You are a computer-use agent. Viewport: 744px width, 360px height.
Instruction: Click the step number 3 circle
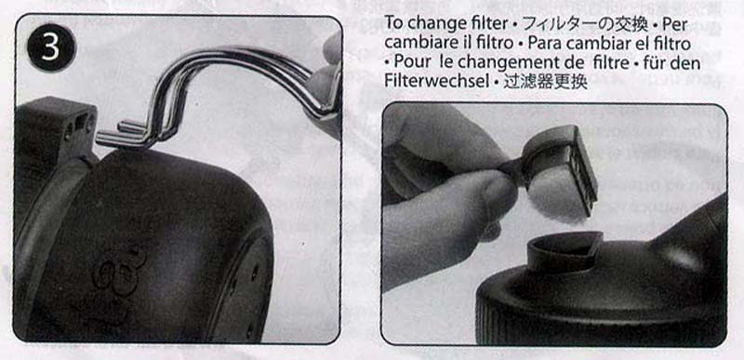pos(51,47)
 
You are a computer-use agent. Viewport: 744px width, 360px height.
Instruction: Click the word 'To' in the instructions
pos(393,22)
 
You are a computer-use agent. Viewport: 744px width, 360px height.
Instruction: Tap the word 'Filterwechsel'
pos(435,81)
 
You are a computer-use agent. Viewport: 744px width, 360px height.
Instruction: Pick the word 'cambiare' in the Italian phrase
pos(418,43)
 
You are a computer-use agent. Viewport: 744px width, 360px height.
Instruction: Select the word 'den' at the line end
pos(686,62)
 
